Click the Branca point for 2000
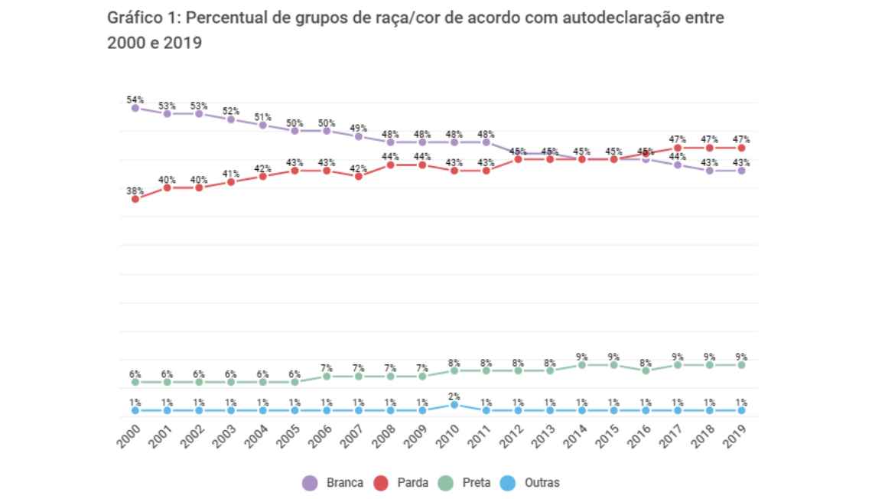coord(135,108)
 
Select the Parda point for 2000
coord(135,199)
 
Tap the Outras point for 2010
coord(454,405)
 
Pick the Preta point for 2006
coord(327,377)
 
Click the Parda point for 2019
coord(742,148)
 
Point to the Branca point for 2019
coord(742,171)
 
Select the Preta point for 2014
coord(582,365)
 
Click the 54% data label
coord(135,99)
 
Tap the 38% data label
coord(135,191)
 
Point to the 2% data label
coord(454,396)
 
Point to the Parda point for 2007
coord(359,176)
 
